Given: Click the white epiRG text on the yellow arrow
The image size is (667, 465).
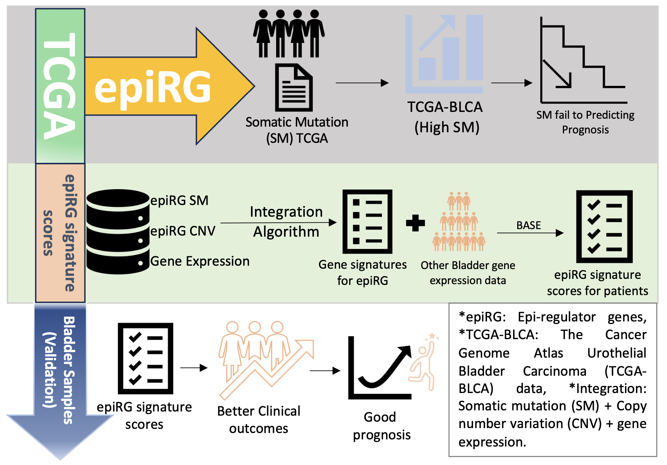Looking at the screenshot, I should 152,87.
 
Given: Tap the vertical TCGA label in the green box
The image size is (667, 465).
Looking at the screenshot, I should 59,86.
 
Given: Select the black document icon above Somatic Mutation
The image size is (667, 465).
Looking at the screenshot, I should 294,88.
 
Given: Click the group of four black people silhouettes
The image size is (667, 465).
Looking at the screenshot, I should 289,34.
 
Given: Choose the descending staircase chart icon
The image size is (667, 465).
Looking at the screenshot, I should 583,60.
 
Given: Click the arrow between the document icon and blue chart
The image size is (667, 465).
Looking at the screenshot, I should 362,83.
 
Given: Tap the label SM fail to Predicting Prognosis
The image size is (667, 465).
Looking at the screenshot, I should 585,122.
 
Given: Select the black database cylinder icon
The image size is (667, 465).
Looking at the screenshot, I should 118,231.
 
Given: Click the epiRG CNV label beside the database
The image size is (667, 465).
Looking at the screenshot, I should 183,231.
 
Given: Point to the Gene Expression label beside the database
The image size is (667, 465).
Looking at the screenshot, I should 200,261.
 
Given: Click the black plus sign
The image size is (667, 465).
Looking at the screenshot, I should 415,223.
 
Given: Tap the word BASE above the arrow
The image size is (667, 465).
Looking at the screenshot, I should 529,225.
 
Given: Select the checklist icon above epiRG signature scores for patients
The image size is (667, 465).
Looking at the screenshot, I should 604,226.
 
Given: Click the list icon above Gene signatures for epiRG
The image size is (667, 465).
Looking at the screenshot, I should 367,222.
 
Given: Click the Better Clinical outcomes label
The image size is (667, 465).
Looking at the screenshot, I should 259,419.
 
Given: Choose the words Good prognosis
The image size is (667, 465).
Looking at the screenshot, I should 381,426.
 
